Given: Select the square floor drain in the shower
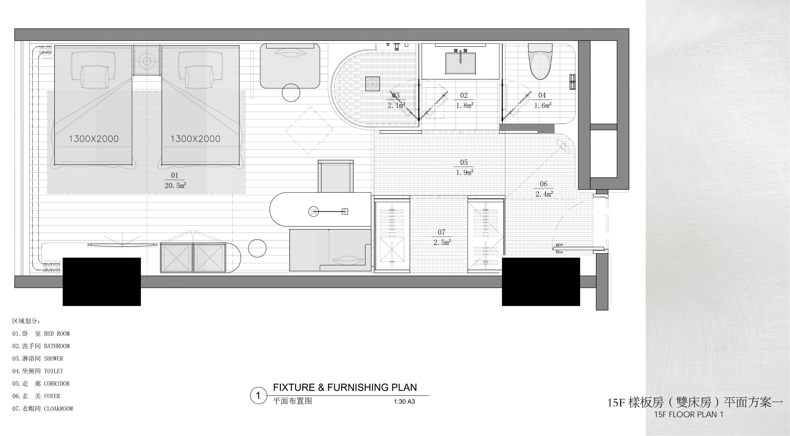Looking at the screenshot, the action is click(373, 84).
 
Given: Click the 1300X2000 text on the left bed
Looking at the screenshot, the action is click(94, 139).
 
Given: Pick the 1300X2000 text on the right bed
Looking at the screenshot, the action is click(195, 139).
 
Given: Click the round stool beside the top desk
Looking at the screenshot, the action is click(291, 93).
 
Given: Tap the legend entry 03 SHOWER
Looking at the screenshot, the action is click(38, 358).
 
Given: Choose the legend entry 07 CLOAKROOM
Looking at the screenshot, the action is click(43, 408).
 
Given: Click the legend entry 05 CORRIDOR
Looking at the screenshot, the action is click(41, 383).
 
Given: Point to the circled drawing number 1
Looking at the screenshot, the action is click(258, 396).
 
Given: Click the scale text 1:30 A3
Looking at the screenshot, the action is click(404, 401).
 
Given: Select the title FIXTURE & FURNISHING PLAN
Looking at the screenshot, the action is click(345, 388).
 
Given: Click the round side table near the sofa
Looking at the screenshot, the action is click(257, 248).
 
